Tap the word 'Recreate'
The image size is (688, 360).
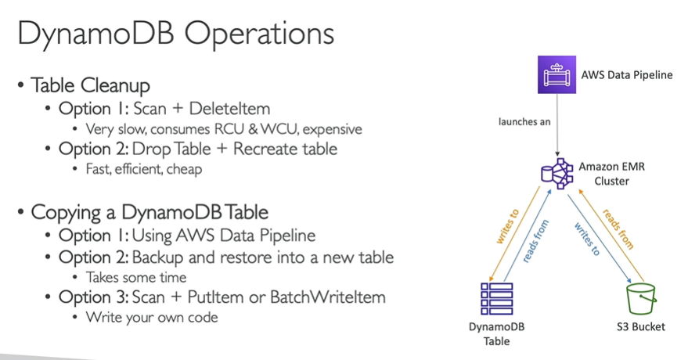[265, 147]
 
